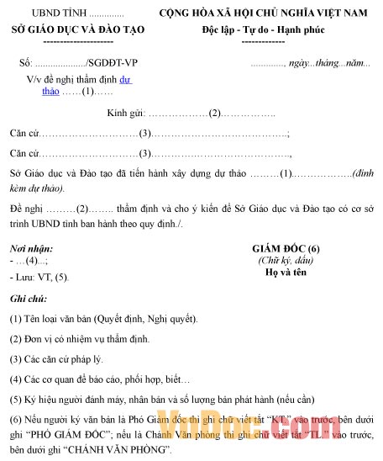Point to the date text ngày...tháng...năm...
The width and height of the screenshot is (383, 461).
(328, 63)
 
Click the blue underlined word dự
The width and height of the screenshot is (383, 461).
(126, 80)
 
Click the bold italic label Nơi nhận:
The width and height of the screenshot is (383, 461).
(31, 248)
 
